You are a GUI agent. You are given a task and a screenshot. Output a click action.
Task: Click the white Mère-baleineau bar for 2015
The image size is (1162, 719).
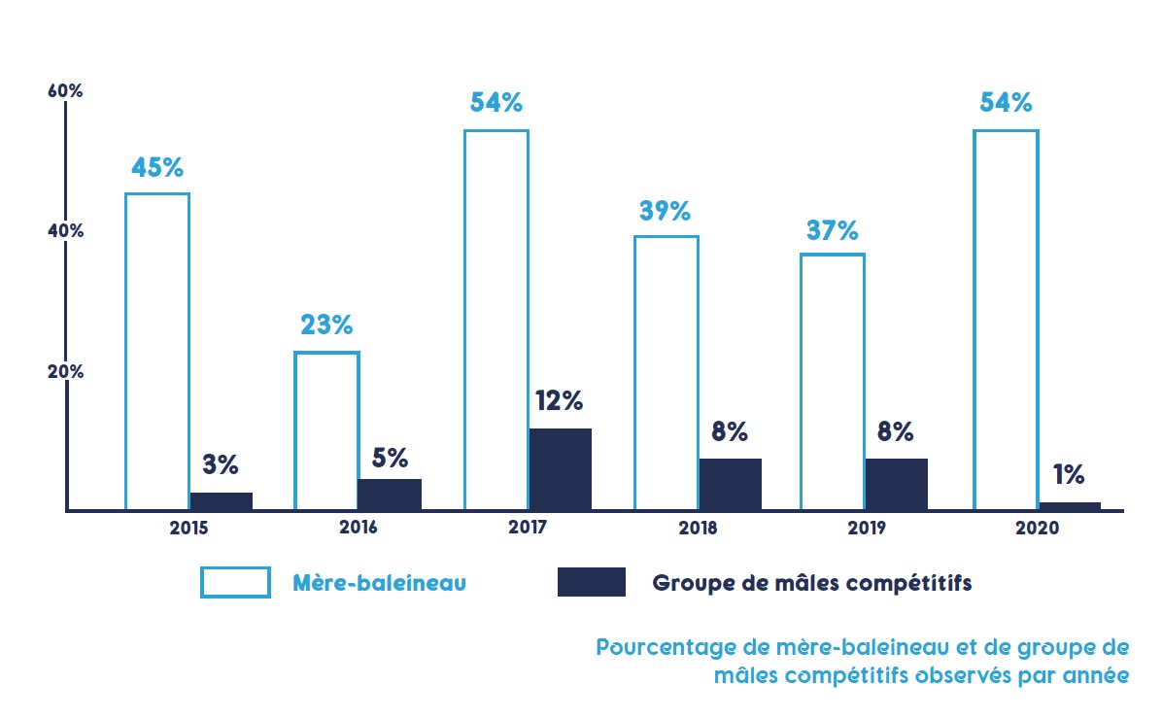click(x=157, y=351)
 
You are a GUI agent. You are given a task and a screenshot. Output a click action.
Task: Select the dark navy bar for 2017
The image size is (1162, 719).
click(x=561, y=469)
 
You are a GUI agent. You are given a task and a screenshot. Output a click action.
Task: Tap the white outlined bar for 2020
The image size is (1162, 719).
click(x=1006, y=320)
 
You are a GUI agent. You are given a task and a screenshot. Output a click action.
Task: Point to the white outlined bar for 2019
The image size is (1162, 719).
click(x=832, y=382)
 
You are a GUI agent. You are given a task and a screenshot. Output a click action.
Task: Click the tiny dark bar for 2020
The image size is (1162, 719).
click(x=1070, y=505)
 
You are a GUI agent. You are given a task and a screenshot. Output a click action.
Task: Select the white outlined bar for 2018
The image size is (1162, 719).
click(x=666, y=372)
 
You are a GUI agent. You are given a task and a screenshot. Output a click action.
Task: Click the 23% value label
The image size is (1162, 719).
click(x=326, y=325)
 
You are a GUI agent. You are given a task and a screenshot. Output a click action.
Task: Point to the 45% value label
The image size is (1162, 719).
click(x=157, y=167)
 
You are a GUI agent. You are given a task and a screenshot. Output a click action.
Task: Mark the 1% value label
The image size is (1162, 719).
click(x=1069, y=474)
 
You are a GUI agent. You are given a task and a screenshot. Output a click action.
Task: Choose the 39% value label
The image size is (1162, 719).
click(x=666, y=211)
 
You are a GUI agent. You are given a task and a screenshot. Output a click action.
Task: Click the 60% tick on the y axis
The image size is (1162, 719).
click(x=65, y=91)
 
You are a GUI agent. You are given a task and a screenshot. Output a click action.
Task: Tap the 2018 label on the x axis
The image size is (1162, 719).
click(x=699, y=530)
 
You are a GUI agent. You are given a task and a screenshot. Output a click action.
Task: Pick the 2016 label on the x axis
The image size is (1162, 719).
click(x=359, y=530)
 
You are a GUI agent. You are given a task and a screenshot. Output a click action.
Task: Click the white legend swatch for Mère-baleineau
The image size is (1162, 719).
click(x=235, y=582)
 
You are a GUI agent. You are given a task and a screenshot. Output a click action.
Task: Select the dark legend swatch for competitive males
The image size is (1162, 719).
click(x=591, y=582)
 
